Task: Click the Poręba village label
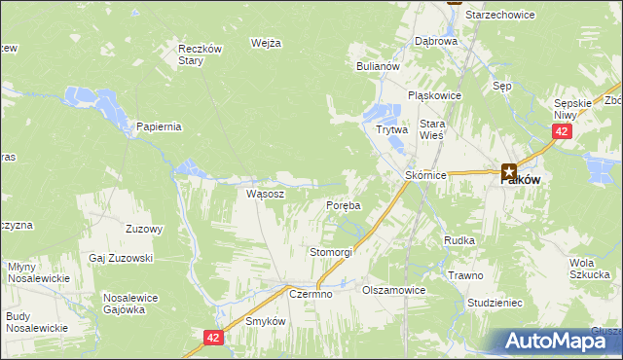tap(343, 206)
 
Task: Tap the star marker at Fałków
tap(508, 170)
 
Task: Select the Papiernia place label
tap(160, 126)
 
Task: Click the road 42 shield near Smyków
tap(215, 337)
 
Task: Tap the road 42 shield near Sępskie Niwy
tap(560, 131)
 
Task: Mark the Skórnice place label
tap(424, 175)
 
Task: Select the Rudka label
tap(458, 239)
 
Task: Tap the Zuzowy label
tap(144, 230)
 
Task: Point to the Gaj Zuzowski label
tap(122, 258)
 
